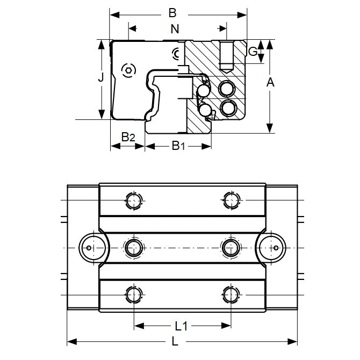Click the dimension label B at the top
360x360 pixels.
pyautogui.click(x=172, y=12)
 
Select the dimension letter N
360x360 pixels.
pyautogui.click(x=175, y=30)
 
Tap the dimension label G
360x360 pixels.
pyautogui.click(x=252, y=52)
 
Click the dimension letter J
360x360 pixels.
pyautogui.click(x=100, y=78)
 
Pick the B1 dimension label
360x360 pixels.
pyautogui.click(x=178, y=145)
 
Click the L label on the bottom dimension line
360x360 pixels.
pyautogui.click(x=175, y=341)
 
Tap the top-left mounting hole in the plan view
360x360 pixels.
pyautogui.click(x=134, y=201)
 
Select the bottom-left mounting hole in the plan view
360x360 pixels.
pyautogui.click(x=134, y=294)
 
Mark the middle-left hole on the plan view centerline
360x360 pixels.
pyautogui.click(x=134, y=248)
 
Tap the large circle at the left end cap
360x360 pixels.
pyautogui.click(x=90, y=248)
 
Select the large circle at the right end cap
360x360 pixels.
pyautogui.click(x=275, y=248)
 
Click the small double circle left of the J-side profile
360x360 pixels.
pyautogui.click(x=128, y=70)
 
